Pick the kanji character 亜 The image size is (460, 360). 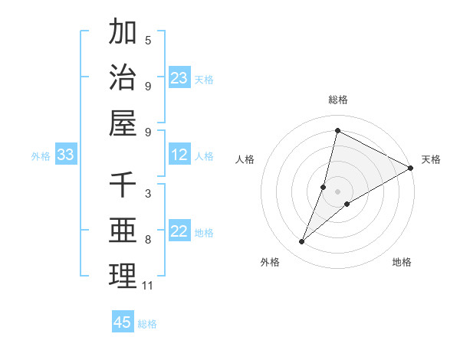pos(123,231)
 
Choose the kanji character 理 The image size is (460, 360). pos(123,276)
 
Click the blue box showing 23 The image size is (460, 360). pos(179,78)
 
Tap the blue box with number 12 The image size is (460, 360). pos(179,155)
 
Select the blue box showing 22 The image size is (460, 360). pos(179,232)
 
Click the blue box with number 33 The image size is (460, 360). pos(65,155)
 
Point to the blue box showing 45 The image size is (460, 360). pos(123,322)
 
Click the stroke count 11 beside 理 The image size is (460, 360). pos(147,286)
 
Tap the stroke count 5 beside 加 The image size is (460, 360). pos(148,40)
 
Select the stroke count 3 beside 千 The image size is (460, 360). pos(148,194)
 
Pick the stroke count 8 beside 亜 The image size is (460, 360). pos(148,240)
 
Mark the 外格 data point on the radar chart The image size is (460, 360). pos(302,242)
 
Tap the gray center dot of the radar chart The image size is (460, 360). pos(337,191)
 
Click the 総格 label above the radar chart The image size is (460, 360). pos(337,100)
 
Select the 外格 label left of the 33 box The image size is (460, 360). pos(41,156)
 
